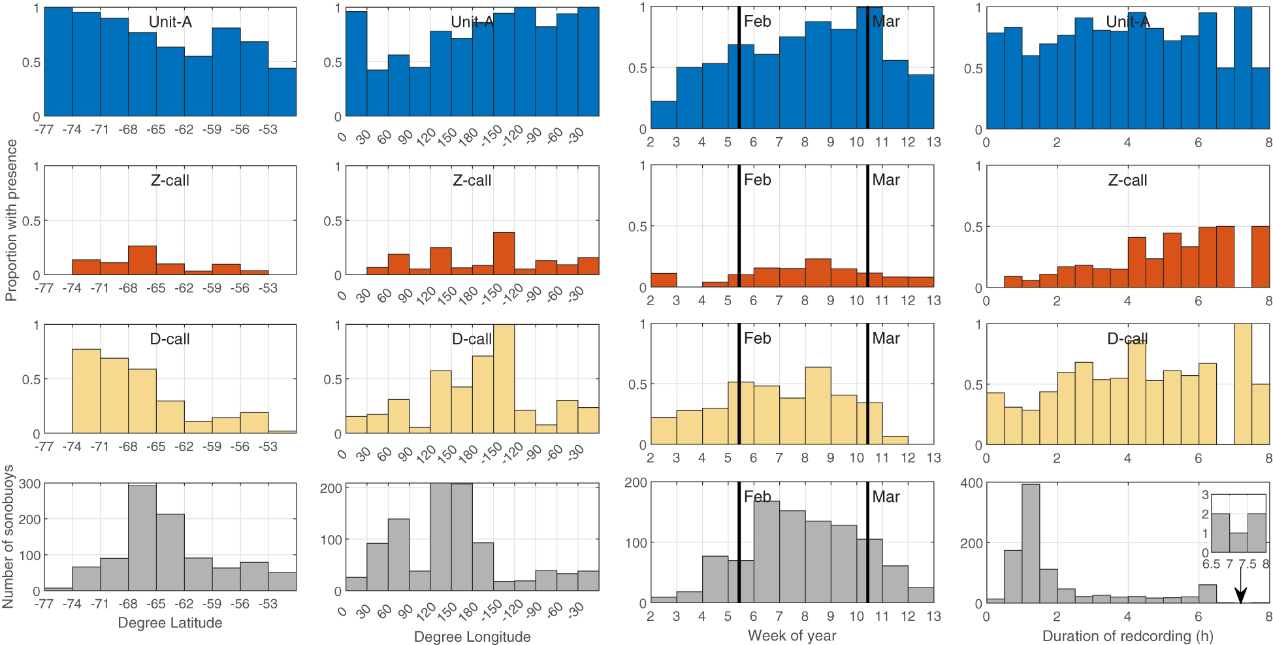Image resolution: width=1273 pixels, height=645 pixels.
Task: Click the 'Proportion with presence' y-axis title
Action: click(11, 220)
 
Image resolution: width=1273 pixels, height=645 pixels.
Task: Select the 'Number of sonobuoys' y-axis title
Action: click(8, 537)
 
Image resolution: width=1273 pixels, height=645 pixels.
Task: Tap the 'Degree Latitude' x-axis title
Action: click(170, 623)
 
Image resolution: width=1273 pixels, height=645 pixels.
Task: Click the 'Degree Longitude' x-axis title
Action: click(472, 637)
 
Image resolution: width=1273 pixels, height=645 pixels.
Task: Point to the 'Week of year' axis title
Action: click(792, 635)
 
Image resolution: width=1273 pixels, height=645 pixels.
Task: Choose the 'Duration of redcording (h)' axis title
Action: click(1127, 636)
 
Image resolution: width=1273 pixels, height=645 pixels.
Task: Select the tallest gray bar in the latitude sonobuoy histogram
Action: click(142, 538)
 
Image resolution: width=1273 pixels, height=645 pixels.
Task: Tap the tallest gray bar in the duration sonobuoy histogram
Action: click(1030, 543)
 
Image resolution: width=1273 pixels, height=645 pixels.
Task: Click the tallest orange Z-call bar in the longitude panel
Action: click(504, 254)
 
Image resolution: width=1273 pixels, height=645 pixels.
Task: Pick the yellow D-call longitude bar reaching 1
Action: click(504, 379)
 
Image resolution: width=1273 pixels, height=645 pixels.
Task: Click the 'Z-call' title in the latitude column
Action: click(170, 180)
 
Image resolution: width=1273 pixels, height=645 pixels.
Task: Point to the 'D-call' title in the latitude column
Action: click(170, 339)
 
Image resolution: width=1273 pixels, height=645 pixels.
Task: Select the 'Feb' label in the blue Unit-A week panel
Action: click(757, 22)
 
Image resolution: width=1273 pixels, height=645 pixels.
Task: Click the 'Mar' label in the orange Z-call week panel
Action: click(886, 180)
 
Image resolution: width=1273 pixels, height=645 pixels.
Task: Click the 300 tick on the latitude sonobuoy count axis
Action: click(29, 484)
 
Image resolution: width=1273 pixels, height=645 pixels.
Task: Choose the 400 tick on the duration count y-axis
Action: click(971, 483)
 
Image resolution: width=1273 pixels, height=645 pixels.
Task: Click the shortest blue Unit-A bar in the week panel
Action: click(663, 115)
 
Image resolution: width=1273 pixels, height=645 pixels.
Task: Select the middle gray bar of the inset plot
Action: click(1238, 542)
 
